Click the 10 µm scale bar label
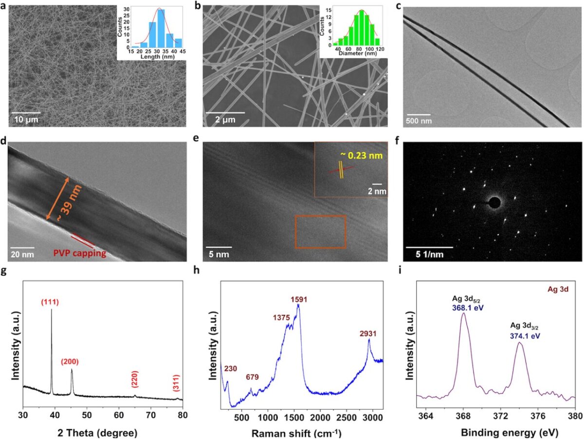point(25,119)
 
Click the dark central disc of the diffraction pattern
point(494,202)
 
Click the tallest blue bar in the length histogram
point(160,29)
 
